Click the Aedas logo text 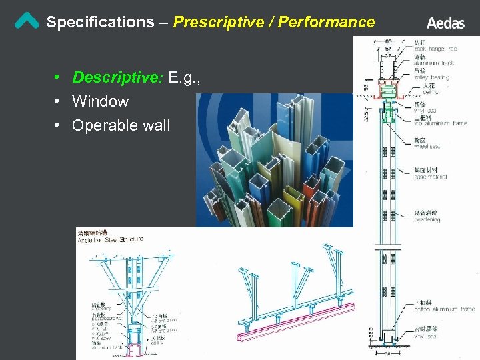tap(445, 23)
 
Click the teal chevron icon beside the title tap(27, 21)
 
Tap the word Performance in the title tap(327, 22)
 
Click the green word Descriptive tap(117, 78)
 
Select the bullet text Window tap(100, 101)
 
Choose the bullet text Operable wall tap(121, 125)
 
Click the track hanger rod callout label tap(436, 49)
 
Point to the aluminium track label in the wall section tap(434, 63)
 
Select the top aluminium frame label tap(440, 123)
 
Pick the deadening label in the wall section tap(427, 218)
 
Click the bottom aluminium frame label tap(443, 309)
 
